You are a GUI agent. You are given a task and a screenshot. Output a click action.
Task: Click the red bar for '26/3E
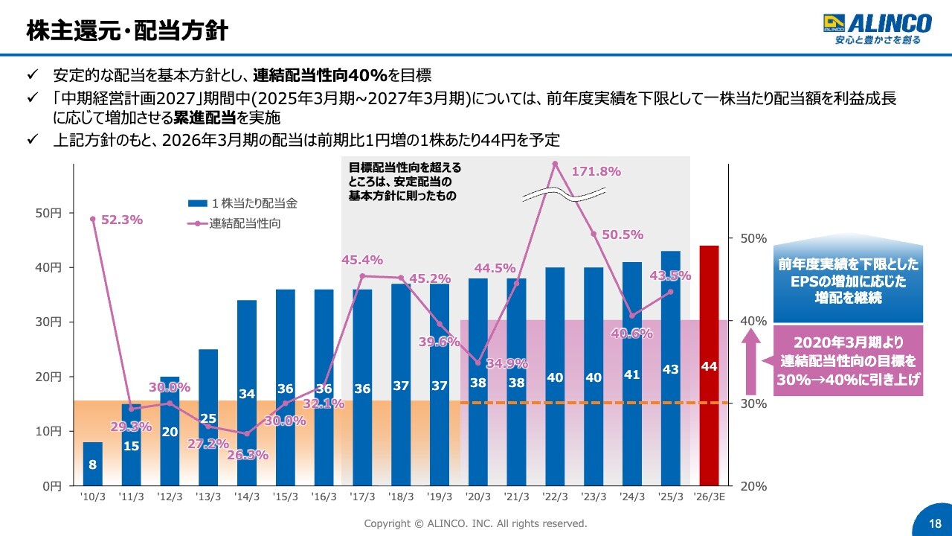pyautogui.click(x=709, y=365)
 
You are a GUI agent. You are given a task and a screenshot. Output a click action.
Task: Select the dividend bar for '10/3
pyautogui.click(x=93, y=464)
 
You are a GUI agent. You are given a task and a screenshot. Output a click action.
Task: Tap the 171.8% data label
pyautogui.click(x=596, y=171)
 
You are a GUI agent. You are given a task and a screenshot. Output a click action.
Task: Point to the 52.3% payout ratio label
pyautogui.click(x=121, y=220)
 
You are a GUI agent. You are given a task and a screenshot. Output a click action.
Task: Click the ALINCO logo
pyautogui.click(x=877, y=29)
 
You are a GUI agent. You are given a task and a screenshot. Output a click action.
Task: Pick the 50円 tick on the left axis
pyautogui.click(x=50, y=213)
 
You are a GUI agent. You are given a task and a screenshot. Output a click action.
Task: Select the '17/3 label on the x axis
pyautogui.click(x=362, y=497)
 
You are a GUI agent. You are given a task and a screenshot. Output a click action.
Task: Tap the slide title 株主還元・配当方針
pyautogui.click(x=126, y=31)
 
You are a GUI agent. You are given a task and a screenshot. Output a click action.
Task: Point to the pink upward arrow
pyautogui.click(x=751, y=361)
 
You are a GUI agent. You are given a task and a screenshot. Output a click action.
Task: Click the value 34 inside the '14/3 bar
pyautogui.click(x=247, y=393)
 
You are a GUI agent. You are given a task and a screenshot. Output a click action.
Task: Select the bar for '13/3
pyautogui.click(x=208, y=417)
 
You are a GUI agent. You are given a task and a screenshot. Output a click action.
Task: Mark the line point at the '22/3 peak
pyautogui.click(x=555, y=163)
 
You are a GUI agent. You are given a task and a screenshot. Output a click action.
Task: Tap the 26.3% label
pyautogui.click(x=247, y=455)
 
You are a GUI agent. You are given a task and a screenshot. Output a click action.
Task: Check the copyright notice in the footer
pyautogui.click(x=475, y=523)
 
